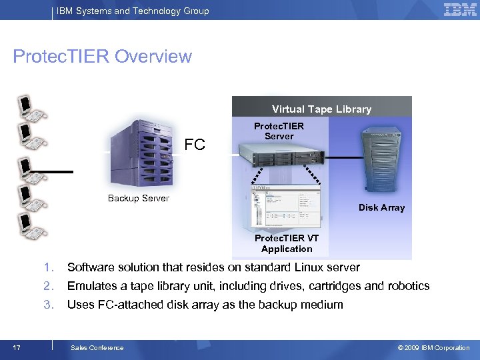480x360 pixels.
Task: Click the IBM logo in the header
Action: tap(460, 9)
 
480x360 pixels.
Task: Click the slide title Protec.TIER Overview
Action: tap(103, 57)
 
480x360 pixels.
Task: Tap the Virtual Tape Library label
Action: tap(321, 109)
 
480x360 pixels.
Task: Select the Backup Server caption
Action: tap(139, 198)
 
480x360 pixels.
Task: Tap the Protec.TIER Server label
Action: tap(279, 131)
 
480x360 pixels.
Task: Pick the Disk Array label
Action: tap(381, 207)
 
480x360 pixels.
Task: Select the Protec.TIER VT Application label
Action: tap(287, 243)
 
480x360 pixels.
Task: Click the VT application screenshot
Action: tap(285, 206)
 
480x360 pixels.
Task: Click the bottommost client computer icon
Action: tap(31, 225)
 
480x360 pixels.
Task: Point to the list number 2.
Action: tap(48, 286)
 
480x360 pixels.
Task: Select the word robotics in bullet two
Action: tap(408, 286)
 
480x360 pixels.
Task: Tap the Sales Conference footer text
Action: tap(97, 347)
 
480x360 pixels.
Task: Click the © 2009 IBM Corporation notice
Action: tap(433, 347)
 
